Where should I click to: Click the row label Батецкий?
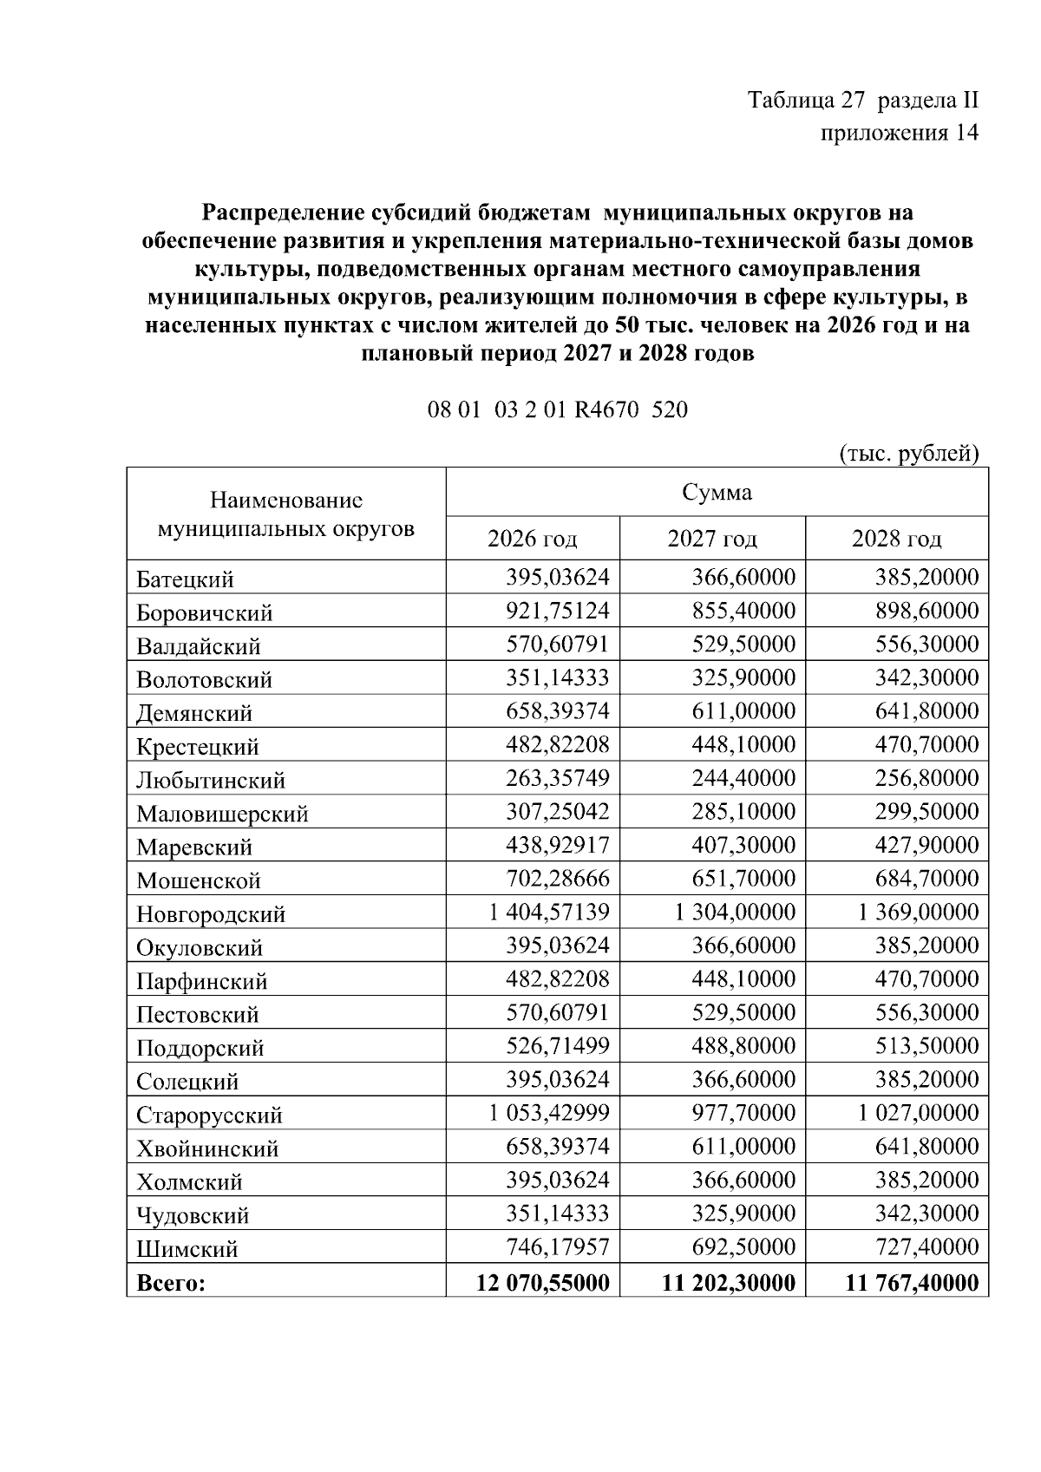coord(185,579)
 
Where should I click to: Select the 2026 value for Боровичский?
coord(558,612)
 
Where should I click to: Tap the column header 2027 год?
coord(712,540)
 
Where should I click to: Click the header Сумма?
coord(717,493)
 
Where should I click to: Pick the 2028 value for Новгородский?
coord(919,913)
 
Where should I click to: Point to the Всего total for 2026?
coord(543,1282)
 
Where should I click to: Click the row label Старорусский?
coord(209,1115)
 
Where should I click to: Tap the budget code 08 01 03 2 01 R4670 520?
coord(558,409)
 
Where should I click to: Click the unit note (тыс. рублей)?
coord(909,454)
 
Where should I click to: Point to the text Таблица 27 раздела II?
coord(863,100)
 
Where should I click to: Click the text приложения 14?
coord(899,133)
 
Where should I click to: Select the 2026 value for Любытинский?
coord(558,778)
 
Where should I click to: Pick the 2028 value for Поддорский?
coord(926,1046)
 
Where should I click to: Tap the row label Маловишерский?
coord(222,814)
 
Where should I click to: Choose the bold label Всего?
coord(170,1283)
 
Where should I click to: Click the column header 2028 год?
coord(896,540)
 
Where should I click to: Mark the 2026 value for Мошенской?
coord(558,879)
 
